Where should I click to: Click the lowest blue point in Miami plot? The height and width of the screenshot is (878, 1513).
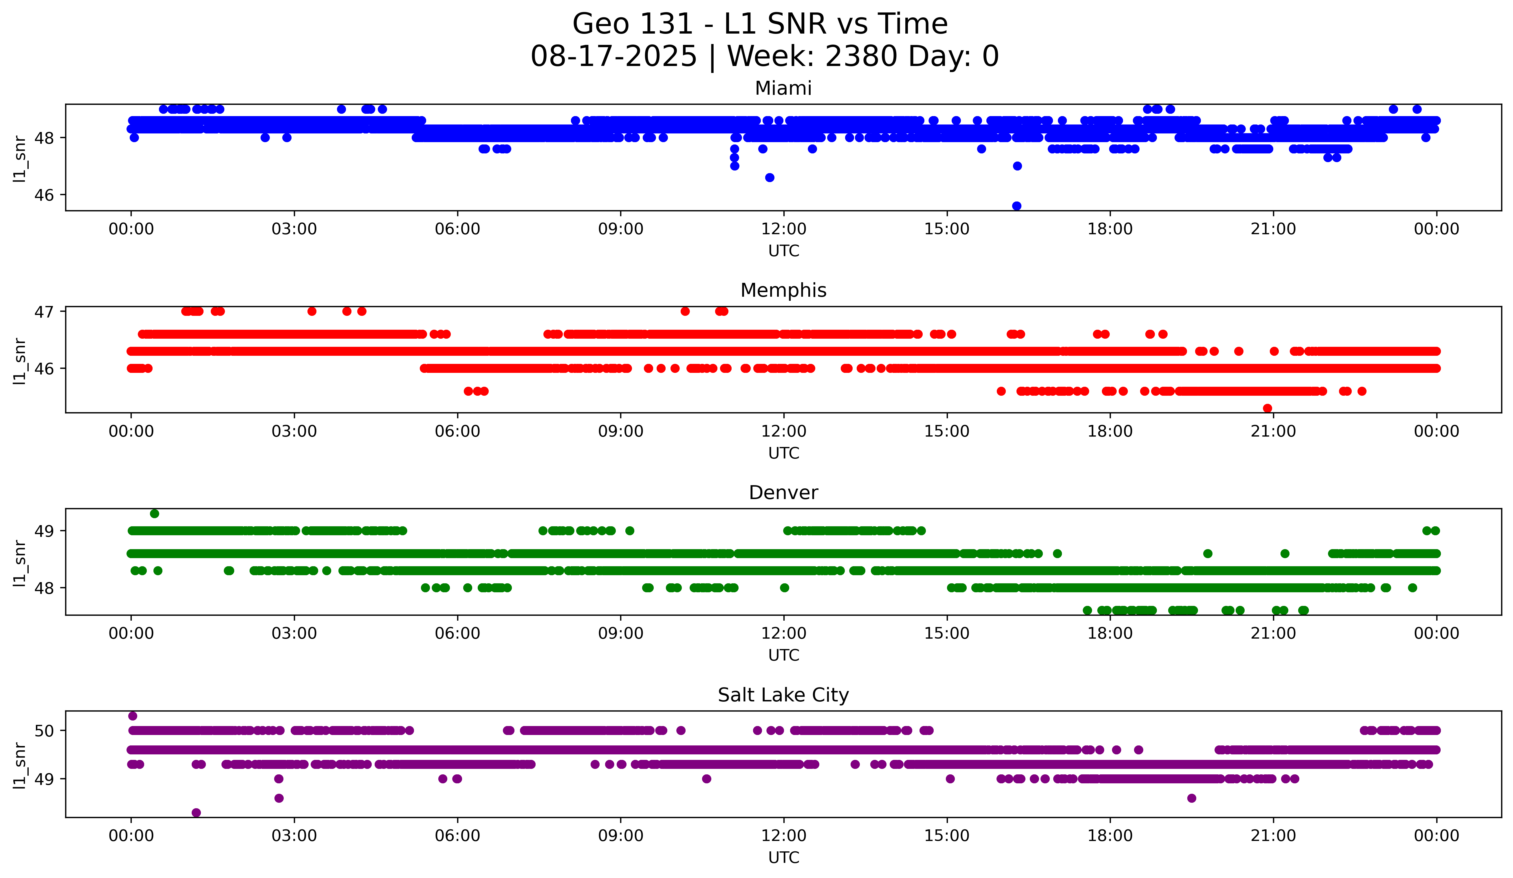pos(1016,206)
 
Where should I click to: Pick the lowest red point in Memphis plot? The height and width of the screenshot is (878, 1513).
pos(1267,408)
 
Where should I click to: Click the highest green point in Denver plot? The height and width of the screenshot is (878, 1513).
pos(154,514)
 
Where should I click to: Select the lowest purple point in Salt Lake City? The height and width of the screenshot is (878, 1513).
pos(196,813)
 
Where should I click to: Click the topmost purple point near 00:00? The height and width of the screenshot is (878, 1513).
pos(133,716)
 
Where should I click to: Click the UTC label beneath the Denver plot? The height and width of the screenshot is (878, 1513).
pos(783,655)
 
